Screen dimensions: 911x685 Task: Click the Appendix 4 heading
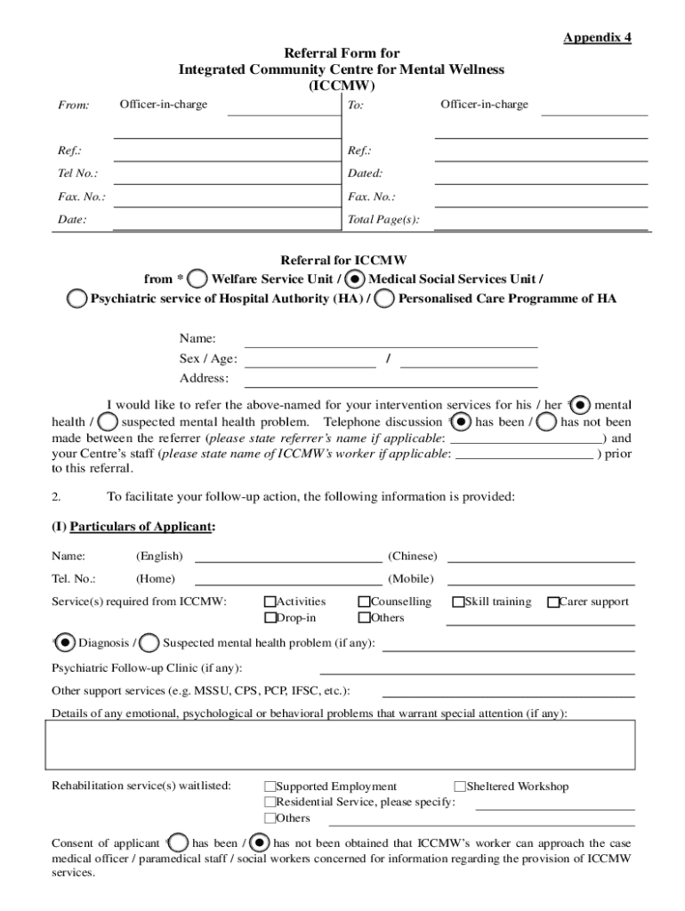(x=596, y=37)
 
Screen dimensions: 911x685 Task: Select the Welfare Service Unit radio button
(x=200, y=278)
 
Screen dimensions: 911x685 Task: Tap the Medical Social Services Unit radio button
(x=355, y=278)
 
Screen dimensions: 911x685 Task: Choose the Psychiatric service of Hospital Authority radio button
(x=78, y=299)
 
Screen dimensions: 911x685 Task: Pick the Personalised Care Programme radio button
(x=385, y=299)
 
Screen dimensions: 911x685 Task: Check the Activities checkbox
(x=270, y=602)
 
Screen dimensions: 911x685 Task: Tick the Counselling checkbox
(x=364, y=602)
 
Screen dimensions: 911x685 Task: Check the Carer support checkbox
(x=552, y=602)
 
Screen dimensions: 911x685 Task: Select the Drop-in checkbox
(x=270, y=618)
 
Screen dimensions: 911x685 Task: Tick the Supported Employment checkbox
(x=270, y=786)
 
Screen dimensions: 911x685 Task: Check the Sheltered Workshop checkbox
(x=460, y=786)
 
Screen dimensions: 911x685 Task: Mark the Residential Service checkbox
(x=270, y=802)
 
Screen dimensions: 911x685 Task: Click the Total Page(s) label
(x=383, y=220)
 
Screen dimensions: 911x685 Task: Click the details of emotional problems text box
(x=340, y=744)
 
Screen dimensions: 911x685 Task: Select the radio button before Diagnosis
(x=65, y=642)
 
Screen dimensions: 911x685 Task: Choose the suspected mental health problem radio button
(x=149, y=642)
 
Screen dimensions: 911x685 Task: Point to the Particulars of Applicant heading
(x=133, y=527)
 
